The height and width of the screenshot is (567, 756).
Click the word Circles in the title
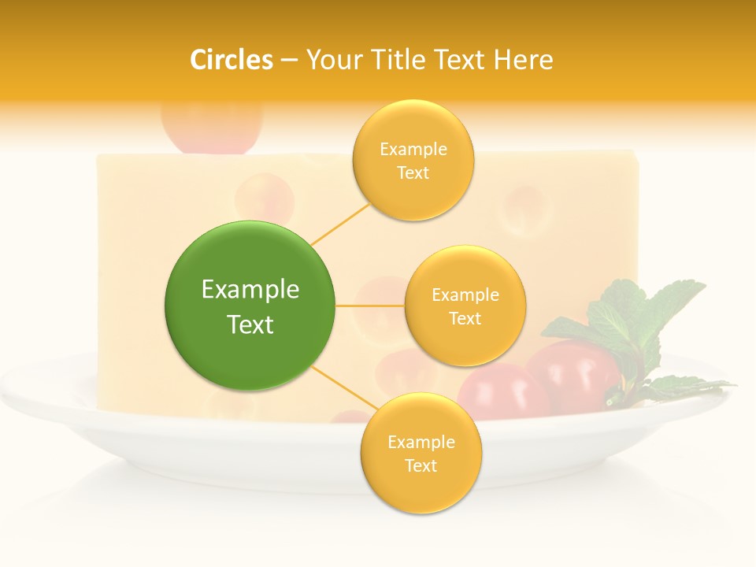pyautogui.click(x=232, y=60)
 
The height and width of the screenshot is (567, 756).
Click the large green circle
pyautogui.click(x=250, y=306)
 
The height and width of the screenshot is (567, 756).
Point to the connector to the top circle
pyautogui.click(x=340, y=223)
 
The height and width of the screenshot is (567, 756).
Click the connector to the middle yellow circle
pyautogui.click(x=369, y=306)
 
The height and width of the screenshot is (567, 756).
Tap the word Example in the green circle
pyautogui.click(x=250, y=290)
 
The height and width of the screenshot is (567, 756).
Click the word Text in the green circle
pyautogui.click(x=250, y=324)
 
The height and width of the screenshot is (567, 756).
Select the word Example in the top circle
pyautogui.click(x=413, y=150)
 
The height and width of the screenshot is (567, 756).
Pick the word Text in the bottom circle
pyautogui.click(x=421, y=465)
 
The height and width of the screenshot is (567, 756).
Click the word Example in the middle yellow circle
pyautogui.click(x=465, y=295)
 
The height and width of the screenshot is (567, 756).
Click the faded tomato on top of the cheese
pyautogui.click(x=210, y=126)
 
